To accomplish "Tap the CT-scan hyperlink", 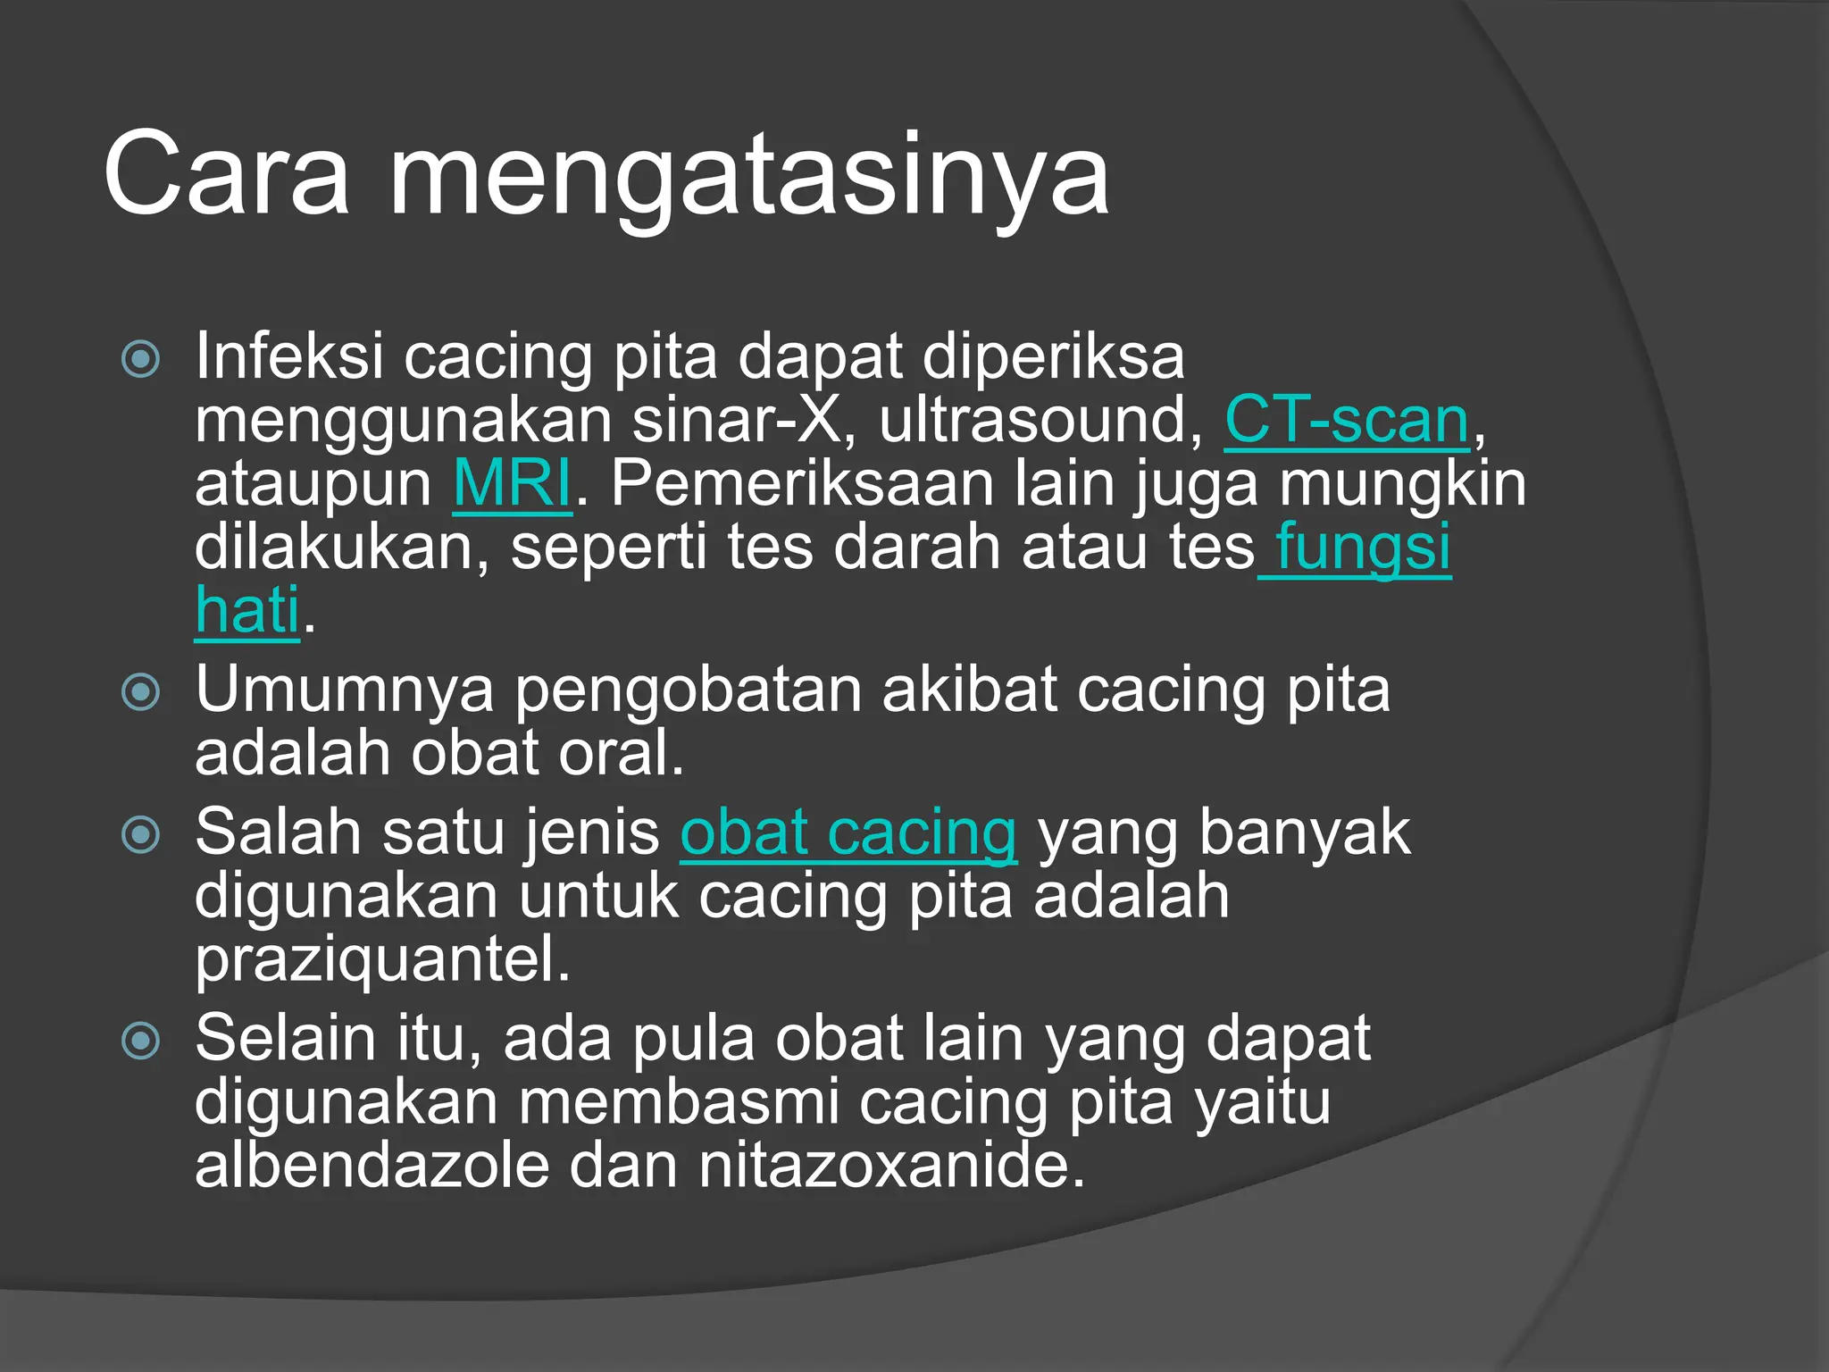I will pos(1347,420).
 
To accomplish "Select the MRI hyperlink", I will pos(512,483).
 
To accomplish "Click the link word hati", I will pos(247,610).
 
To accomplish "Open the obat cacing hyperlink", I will pos(848,832).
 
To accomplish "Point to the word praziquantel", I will pos(382,961).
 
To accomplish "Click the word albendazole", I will pos(372,1166).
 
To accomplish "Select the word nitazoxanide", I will pos(891,1166).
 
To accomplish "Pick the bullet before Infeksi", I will pos(141,359).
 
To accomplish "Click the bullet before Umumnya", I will pos(141,691).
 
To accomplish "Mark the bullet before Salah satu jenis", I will pos(141,834).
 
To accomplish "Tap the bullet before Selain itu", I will pos(141,1041).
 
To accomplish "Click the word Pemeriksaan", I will pos(802,483).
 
